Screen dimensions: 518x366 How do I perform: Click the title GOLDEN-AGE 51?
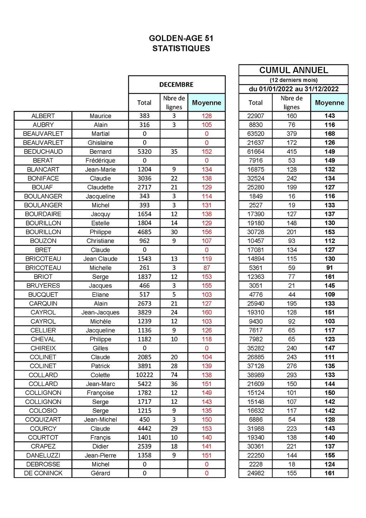(x=181, y=38)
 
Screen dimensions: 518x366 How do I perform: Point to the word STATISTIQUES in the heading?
(x=181, y=49)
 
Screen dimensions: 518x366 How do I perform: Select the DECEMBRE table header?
(x=176, y=85)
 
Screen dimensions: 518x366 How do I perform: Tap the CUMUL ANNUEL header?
(x=293, y=70)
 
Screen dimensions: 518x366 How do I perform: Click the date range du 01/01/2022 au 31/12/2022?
(x=293, y=89)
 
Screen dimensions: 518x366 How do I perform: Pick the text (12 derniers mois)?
(x=293, y=80)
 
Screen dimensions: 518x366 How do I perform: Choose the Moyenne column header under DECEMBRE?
(x=207, y=103)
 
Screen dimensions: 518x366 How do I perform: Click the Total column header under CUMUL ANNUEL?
(x=256, y=103)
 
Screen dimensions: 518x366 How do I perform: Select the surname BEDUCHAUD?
(x=43, y=152)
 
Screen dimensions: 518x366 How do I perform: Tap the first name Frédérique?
(x=100, y=161)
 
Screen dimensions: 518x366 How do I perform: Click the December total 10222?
(x=144, y=375)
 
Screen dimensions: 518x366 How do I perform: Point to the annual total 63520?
(x=256, y=134)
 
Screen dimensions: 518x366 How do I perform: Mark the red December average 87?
(x=207, y=268)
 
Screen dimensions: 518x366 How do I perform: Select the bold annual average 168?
(x=330, y=134)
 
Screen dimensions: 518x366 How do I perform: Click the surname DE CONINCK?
(x=43, y=473)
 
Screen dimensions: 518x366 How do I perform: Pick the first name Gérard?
(x=100, y=473)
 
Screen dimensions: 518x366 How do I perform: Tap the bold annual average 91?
(x=330, y=268)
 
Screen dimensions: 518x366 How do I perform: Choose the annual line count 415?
(x=292, y=152)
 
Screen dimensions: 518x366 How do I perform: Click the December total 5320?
(x=144, y=152)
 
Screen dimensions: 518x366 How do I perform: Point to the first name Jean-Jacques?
(x=100, y=312)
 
